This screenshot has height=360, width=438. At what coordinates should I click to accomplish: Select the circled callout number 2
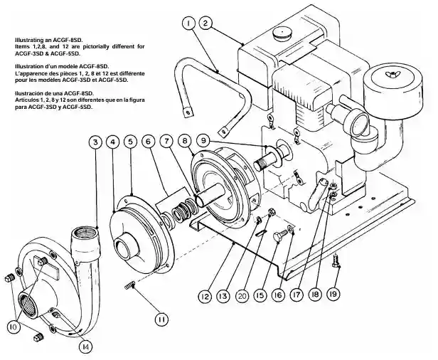tap(205, 23)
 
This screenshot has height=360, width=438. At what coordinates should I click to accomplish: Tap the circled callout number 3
tap(95, 142)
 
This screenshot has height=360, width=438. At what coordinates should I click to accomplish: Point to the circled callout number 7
tap(165, 142)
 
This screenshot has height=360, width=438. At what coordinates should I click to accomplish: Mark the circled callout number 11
tap(162, 319)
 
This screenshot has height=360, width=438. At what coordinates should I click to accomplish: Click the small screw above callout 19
tap(336, 263)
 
